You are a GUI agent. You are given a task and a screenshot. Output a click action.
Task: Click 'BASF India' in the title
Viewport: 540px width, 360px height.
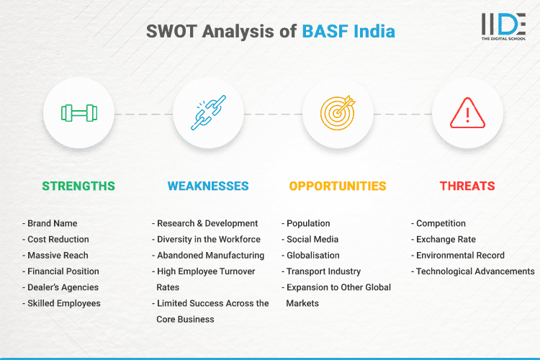click(x=348, y=32)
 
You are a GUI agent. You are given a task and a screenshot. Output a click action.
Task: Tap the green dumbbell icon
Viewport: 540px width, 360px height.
click(x=78, y=113)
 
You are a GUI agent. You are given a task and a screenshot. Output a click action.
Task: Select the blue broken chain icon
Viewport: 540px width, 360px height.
click(x=208, y=113)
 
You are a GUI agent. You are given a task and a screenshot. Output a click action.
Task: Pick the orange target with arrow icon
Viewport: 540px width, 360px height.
click(x=338, y=113)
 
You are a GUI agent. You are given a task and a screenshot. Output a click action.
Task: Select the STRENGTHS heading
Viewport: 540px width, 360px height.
click(x=78, y=186)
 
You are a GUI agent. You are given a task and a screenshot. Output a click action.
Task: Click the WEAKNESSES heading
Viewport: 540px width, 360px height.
click(x=208, y=186)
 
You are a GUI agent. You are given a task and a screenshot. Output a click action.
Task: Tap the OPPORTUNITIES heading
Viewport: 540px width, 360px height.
click(x=338, y=186)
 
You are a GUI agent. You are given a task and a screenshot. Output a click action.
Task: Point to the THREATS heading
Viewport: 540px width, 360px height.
click(x=467, y=186)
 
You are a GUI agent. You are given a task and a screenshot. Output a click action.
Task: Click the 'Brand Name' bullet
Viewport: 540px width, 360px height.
click(x=52, y=223)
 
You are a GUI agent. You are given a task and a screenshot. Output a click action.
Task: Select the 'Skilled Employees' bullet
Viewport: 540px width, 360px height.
click(x=63, y=303)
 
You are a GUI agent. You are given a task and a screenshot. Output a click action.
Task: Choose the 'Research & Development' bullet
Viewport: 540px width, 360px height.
click(x=207, y=223)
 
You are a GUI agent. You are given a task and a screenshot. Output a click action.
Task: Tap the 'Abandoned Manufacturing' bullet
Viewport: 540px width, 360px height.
click(x=210, y=255)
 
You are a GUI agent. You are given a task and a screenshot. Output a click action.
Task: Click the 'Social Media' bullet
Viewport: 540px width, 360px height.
click(x=312, y=239)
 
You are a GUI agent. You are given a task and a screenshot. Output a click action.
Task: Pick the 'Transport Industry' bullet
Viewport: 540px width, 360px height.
click(x=324, y=271)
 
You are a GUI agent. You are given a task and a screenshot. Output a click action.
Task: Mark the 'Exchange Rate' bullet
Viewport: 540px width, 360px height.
click(x=445, y=239)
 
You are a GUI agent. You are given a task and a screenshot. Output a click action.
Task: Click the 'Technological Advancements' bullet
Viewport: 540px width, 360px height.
click(x=474, y=271)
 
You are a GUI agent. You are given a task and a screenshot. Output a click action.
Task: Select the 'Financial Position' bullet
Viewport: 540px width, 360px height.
click(x=63, y=271)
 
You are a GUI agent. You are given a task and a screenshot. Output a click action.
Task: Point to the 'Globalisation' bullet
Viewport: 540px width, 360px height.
click(x=312, y=255)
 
